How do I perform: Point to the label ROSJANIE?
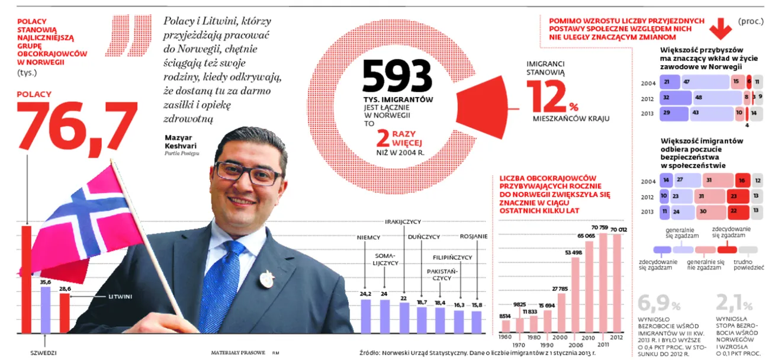tap(474, 236)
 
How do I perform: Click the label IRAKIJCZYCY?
tap(403, 222)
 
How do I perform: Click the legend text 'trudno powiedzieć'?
tap(748, 264)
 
